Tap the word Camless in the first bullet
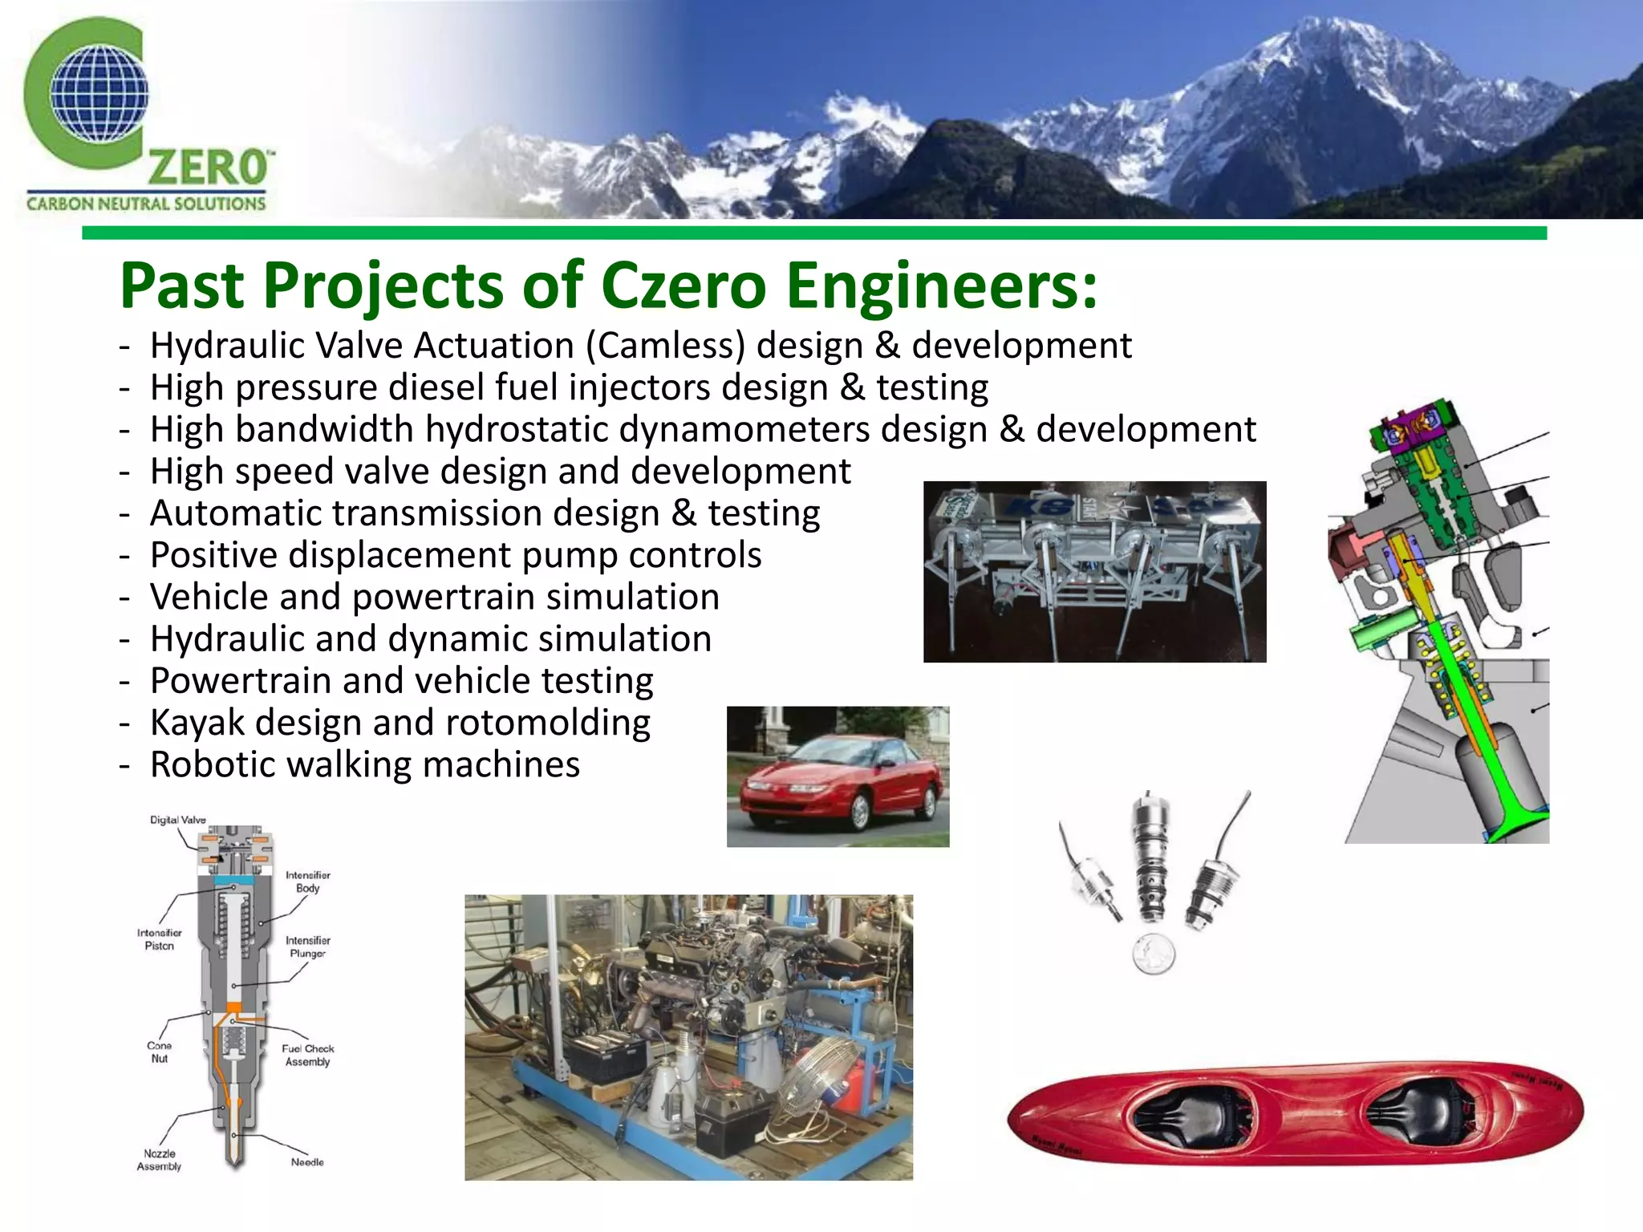coord(665,346)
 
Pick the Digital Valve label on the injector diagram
coord(177,820)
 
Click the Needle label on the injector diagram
coord(307,1162)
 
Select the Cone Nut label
coord(159,1052)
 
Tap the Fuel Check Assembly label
coord(307,1056)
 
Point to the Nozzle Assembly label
coord(159,1160)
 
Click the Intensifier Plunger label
coord(308,947)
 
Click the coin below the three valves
coord(1154,955)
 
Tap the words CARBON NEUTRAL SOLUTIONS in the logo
coord(145,204)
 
